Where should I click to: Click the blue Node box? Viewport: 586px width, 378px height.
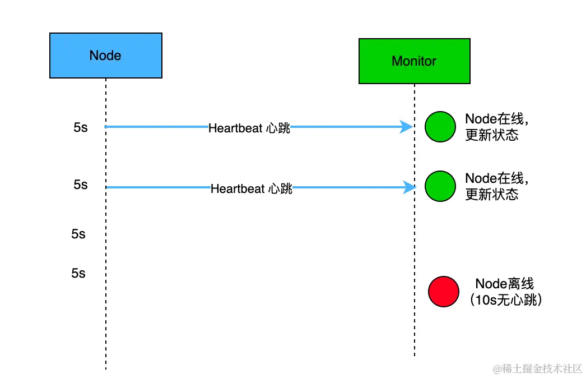click(x=105, y=55)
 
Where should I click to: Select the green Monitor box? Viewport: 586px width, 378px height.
click(x=414, y=61)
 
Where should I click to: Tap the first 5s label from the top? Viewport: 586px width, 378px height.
click(x=81, y=127)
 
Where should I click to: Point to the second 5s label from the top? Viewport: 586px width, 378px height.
click(x=81, y=185)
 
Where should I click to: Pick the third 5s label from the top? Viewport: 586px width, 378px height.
click(x=78, y=234)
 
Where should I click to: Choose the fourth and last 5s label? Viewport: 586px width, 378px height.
click(x=78, y=273)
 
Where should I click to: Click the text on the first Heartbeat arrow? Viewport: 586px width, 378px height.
click(x=249, y=128)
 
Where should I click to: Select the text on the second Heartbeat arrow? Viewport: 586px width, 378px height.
click(x=252, y=189)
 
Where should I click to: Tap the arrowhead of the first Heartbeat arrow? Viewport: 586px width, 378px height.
click(x=407, y=127)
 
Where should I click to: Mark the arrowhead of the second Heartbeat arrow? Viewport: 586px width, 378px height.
click(x=409, y=187)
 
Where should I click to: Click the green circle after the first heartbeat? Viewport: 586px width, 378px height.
click(x=440, y=127)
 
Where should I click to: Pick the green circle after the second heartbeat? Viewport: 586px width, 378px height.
click(x=440, y=186)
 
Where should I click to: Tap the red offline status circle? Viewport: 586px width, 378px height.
click(x=443, y=292)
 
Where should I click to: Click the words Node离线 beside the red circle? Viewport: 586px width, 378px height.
click(x=505, y=284)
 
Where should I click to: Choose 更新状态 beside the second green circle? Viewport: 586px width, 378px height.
click(x=492, y=194)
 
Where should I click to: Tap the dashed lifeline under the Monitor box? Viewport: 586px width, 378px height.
click(x=415, y=236)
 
